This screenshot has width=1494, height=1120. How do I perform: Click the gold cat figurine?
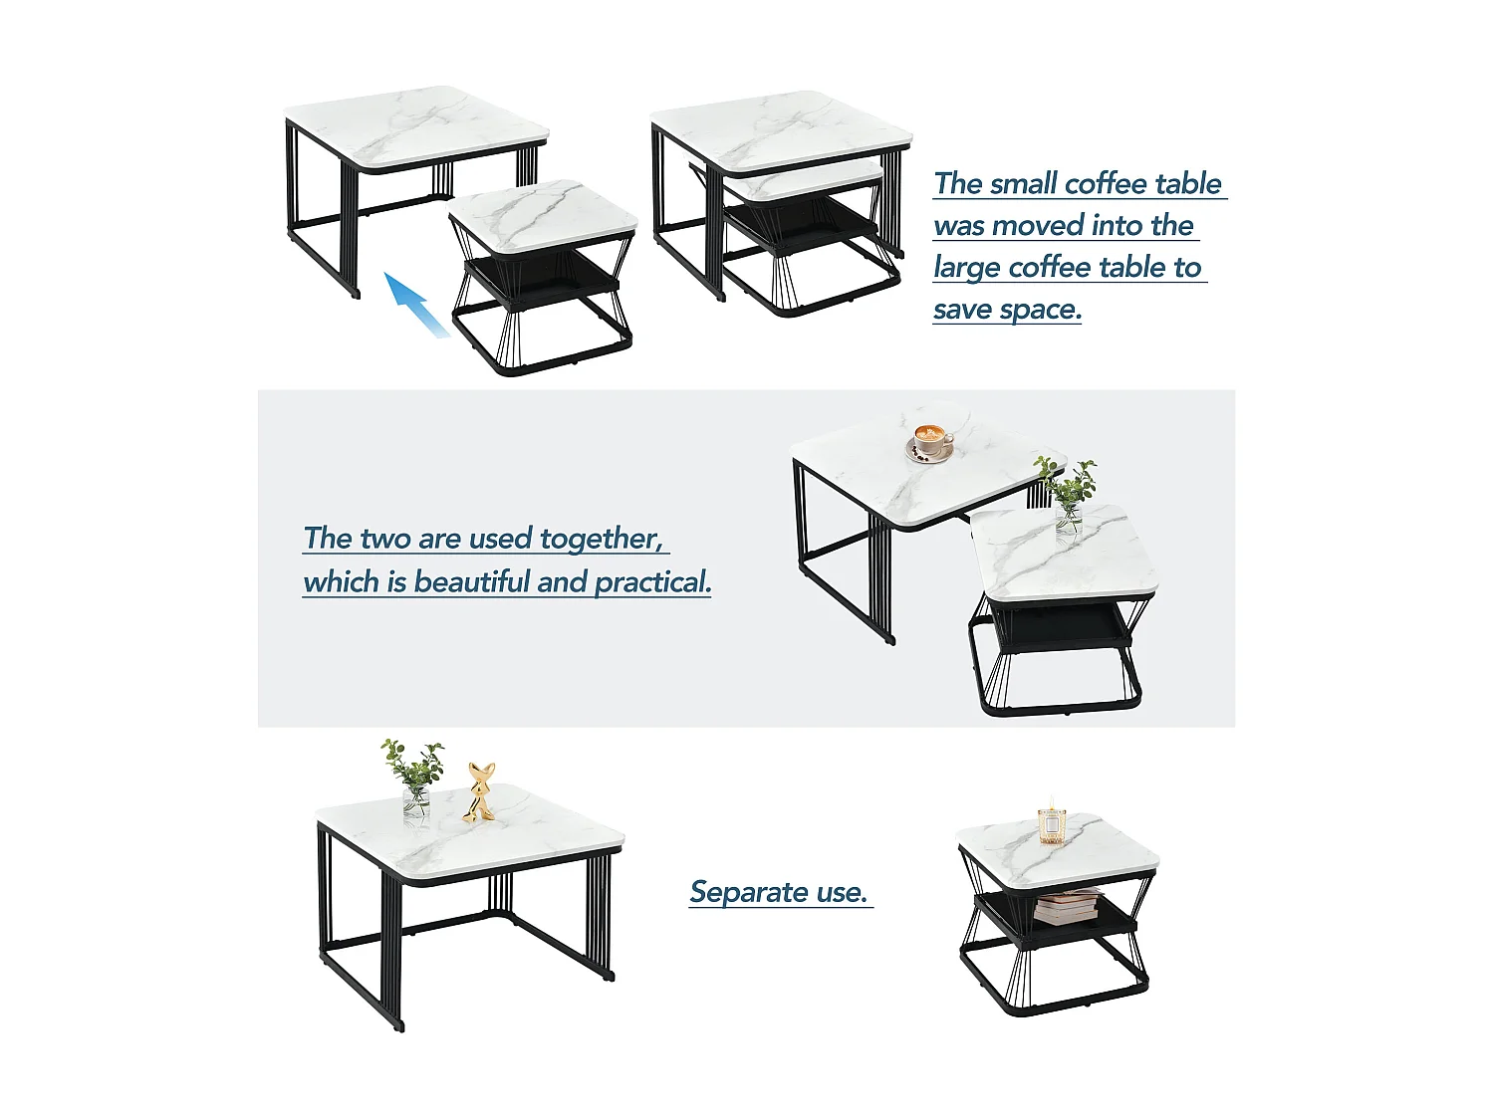click(x=480, y=793)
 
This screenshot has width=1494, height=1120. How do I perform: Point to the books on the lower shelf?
click(x=1067, y=907)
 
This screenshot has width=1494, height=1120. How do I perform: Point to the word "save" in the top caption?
click(x=962, y=310)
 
